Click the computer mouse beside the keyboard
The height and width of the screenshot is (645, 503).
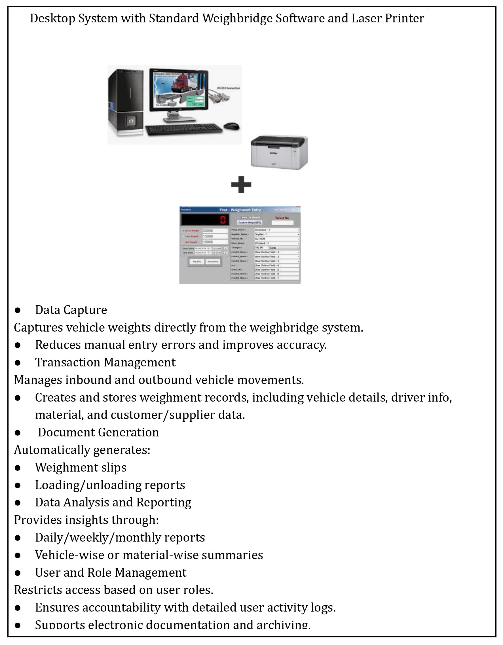point(231,126)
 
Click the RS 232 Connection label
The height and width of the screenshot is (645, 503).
point(229,88)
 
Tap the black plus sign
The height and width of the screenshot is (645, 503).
point(241,184)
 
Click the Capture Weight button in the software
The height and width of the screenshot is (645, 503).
point(250,222)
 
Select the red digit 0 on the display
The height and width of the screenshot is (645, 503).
point(223,220)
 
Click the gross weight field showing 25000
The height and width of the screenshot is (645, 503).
point(215,231)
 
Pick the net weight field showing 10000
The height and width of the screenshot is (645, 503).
point(215,242)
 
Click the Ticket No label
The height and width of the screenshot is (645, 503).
point(282,218)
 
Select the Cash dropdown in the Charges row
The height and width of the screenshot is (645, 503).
point(284,247)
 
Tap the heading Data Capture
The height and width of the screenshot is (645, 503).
point(71,310)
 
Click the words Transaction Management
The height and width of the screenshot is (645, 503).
point(105,362)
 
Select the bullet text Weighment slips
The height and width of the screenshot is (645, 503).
point(81,468)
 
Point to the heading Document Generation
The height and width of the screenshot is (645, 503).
point(98,432)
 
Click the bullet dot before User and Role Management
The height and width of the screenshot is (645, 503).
point(18,573)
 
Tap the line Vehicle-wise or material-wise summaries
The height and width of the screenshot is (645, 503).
point(149,555)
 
